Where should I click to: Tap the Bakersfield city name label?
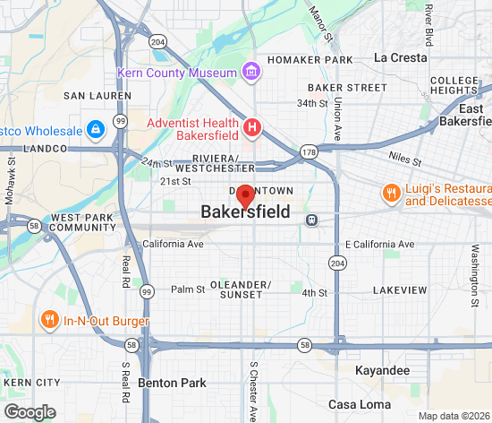[x=245, y=213]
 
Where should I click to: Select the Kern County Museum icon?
[x=252, y=71]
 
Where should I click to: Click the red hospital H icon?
[x=252, y=128]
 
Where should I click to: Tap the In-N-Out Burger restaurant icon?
[x=49, y=320]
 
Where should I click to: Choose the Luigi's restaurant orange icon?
[x=390, y=194]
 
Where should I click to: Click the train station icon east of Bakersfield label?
[x=311, y=220]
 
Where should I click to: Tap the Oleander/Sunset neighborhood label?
[x=241, y=289]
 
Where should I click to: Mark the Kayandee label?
[x=382, y=370]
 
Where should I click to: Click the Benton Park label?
[x=172, y=383]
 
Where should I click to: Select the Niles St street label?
[x=405, y=158]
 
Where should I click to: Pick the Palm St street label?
[x=188, y=289]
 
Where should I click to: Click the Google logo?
[x=30, y=412]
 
